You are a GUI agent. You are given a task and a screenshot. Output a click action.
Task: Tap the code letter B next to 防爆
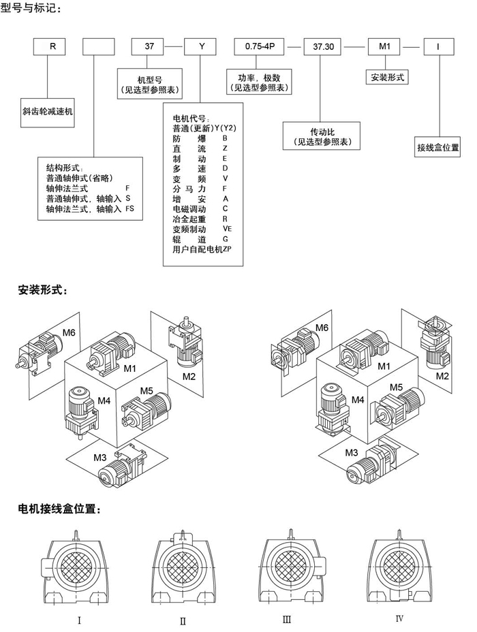click(x=225, y=138)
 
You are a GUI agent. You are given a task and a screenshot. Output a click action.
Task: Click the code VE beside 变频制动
click(x=227, y=229)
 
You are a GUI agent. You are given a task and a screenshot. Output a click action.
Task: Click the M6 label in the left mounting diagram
click(x=69, y=333)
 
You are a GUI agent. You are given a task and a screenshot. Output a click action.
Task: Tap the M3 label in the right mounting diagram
click(x=352, y=452)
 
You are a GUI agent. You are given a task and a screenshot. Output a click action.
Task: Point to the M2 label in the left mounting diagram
click(x=189, y=376)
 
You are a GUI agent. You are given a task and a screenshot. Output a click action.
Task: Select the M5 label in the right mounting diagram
click(x=397, y=387)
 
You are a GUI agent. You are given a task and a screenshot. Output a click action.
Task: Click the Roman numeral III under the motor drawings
click(x=286, y=619)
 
